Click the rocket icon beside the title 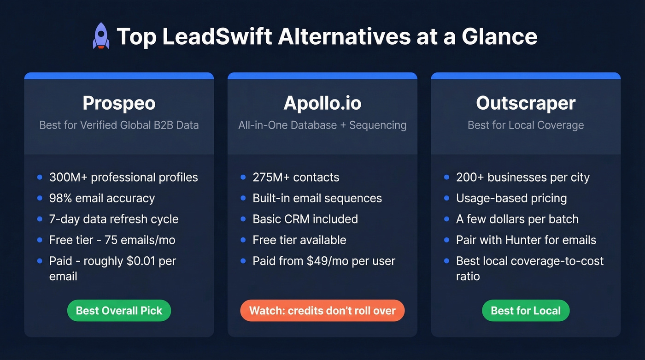tap(101, 37)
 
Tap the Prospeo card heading tap(119, 103)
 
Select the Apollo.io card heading tap(322, 103)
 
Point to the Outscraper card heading tap(526, 103)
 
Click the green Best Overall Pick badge tap(119, 311)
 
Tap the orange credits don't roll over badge tap(322, 311)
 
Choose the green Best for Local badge tap(526, 311)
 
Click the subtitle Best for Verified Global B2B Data tap(119, 125)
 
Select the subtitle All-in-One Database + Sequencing tap(322, 125)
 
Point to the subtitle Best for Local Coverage tap(526, 125)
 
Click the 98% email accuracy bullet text tap(102, 198)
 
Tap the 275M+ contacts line tap(296, 177)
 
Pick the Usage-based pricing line tap(511, 198)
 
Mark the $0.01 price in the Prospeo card tap(142, 261)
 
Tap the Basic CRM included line tap(305, 219)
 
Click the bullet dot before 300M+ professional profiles tap(40, 177)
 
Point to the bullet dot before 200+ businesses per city tap(446, 177)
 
